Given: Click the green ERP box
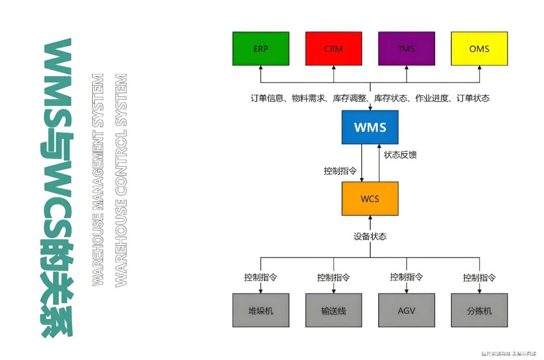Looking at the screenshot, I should [260, 49].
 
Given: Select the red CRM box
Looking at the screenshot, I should [333, 49].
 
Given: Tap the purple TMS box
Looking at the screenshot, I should [406, 49].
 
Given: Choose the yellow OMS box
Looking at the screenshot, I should [479, 49].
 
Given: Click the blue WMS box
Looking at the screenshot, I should [370, 126].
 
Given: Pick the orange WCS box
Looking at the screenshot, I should [370, 198].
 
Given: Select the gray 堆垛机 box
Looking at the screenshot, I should [260, 310].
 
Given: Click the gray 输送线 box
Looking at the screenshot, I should [333, 310].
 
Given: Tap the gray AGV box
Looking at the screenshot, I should [406, 310].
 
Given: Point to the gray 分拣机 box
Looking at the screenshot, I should [479, 310].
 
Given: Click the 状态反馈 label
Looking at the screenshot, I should [400, 155].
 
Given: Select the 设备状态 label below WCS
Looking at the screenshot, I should [370, 237].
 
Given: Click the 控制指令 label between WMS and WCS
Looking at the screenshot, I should [340, 171].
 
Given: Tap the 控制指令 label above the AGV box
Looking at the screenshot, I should [406, 277].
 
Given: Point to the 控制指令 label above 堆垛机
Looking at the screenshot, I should [260, 277].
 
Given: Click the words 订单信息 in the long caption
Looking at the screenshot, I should [267, 98].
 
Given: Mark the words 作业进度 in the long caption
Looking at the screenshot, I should [432, 98].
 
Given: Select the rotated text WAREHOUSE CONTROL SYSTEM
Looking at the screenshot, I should [121, 180].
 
